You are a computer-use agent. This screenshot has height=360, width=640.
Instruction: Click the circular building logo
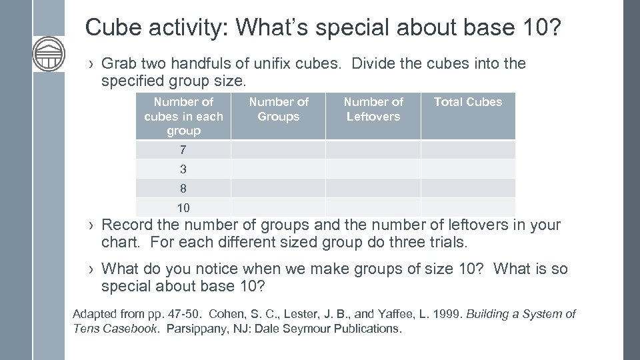[49, 54]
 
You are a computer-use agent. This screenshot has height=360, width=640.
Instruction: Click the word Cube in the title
[111, 27]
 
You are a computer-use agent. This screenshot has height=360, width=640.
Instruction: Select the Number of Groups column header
[279, 109]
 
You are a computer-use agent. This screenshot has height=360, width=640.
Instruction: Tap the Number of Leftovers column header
[373, 109]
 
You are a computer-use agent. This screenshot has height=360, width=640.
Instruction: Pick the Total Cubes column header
[468, 102]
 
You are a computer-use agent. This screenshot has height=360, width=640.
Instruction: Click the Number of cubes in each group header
[183, 116]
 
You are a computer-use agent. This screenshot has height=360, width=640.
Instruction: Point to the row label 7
[183, 149]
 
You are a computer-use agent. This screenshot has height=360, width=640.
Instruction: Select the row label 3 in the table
[183, 169]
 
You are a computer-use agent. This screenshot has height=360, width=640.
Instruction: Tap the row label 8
[183, 188]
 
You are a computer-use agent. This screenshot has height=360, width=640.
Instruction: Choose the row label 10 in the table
[183, 207]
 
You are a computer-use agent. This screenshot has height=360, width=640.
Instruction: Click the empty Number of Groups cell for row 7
[279, 149]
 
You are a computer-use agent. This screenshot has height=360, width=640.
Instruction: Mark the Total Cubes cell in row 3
[468, 169]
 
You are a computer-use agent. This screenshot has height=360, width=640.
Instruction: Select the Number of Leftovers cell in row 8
[373, 188]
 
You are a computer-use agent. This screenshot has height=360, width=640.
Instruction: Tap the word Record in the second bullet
[127, 225]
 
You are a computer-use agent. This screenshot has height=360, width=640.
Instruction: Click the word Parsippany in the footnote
[199, 329]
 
